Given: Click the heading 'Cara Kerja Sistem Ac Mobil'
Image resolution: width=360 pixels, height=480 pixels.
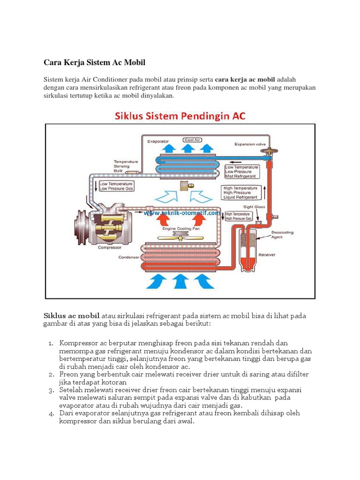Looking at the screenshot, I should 95,62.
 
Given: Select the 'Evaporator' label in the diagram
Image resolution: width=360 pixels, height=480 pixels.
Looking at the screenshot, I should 158,140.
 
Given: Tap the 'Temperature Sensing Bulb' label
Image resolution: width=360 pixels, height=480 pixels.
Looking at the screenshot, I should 125,165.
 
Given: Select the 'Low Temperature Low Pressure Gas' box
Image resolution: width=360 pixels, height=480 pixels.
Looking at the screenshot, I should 116,186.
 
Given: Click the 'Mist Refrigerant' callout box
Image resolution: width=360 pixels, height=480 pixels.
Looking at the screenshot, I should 242,172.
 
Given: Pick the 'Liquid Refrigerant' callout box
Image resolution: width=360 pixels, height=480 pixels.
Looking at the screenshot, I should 241,192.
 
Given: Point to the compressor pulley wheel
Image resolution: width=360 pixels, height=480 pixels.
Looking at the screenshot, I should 81,227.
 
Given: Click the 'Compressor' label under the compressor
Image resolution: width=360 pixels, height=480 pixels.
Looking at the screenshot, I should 110,247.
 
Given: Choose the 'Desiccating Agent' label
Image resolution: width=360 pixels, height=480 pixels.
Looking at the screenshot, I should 281,234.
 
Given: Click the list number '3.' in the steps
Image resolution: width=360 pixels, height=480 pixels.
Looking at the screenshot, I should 52,390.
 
